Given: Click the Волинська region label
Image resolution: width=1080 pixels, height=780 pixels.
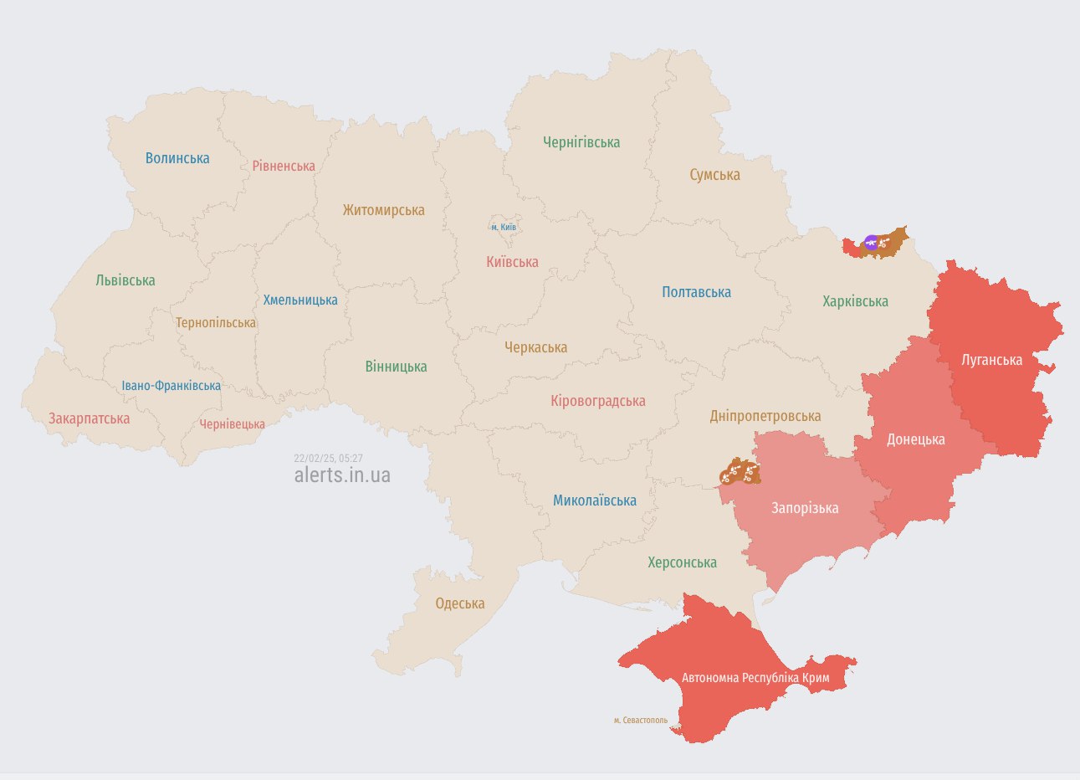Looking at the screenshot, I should coord(177,158).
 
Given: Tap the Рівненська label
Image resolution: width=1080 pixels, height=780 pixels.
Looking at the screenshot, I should coord(284,166).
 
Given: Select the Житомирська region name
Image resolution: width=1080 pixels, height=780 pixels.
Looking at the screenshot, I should coord(383,210).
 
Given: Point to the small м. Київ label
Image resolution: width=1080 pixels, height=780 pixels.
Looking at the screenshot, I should coord(504,227).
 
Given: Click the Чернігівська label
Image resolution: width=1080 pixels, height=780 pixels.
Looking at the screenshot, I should coord(581,142).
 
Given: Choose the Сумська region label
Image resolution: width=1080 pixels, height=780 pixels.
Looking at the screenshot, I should coord(714,175).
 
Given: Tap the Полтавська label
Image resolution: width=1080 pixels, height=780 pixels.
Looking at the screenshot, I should coord(696,292).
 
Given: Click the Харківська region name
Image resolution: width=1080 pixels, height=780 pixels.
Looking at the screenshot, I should coord(855,301).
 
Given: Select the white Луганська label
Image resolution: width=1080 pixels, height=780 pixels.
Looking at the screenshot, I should coord(991,360).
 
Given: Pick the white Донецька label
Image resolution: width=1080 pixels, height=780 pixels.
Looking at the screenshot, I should coord(915,439).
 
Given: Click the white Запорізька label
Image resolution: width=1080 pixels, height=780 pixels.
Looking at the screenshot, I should coord(805,508).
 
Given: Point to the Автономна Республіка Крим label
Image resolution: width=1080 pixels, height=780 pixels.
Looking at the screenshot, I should coord(755,677).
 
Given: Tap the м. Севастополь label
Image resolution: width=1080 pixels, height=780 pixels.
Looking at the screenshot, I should coord(641,720).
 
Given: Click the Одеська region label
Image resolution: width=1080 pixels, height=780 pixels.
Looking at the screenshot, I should coord(460,603).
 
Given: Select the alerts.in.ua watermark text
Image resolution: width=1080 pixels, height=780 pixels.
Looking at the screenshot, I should coord(342,475).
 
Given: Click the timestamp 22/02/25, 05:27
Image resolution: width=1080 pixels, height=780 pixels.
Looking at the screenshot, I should coord(328,458).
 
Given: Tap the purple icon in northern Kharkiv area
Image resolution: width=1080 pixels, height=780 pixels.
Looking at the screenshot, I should coord(871,243).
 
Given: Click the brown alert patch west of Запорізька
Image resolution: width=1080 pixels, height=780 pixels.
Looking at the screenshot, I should coord(740,473).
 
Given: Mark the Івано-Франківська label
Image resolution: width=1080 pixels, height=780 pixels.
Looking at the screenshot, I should coord(171,386).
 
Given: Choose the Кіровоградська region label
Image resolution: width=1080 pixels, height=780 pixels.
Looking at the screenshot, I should coord(597,401).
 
